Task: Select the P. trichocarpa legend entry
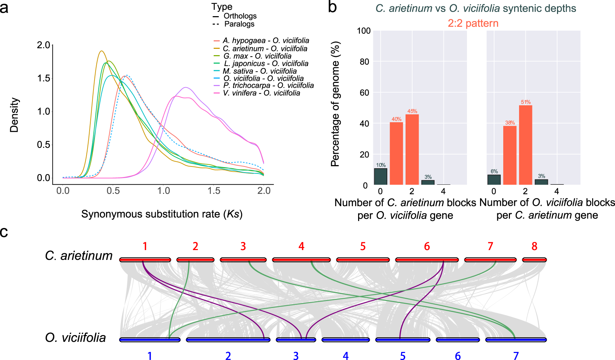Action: (268, 85)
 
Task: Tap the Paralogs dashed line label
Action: (239, 24)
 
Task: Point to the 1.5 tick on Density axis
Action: (44, 78)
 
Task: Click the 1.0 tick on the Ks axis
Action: (163, 191)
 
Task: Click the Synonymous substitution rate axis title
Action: (162, 214)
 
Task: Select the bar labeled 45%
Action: (412, 149)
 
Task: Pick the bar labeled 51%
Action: (525, 145)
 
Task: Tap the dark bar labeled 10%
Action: (380, 177)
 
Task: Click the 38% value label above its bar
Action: (510, 123)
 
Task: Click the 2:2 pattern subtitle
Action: (473, 23)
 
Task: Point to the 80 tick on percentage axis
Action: (364, 62)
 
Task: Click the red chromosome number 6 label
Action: (427, 247)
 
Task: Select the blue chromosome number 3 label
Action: (296, 356)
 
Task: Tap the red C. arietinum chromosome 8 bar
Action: (534, 260)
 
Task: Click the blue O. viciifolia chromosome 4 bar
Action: (345, 340)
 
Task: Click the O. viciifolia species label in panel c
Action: (76, 338)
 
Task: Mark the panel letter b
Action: (332, 7)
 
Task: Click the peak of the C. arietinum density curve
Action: (102, 51)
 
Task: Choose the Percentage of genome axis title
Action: (336, 104)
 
